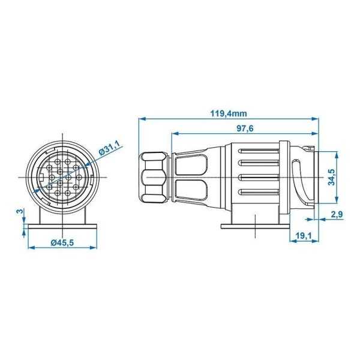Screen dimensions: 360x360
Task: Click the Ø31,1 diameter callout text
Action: coord(109,148)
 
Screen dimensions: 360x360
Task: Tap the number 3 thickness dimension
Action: coord(19,211)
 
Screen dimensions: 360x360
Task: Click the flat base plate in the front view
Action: coord(62,226)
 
